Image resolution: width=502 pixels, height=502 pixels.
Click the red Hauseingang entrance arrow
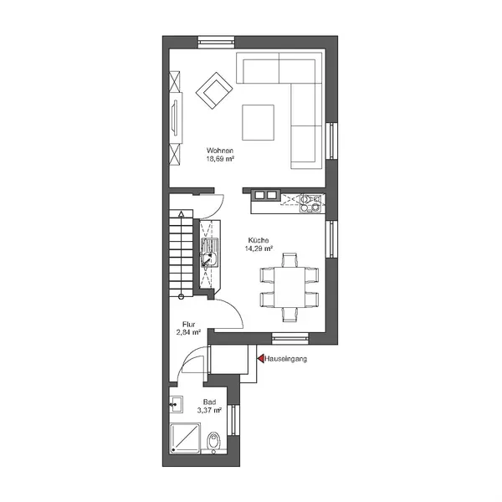coord(261,359)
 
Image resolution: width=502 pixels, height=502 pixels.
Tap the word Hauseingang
coord(286,359)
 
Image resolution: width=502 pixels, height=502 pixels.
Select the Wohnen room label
coord(219,150)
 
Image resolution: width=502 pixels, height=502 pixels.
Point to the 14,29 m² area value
coord(259,248)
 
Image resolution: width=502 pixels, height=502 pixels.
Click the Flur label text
coord(188,324)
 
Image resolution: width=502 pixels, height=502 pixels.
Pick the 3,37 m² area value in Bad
coord(210,410)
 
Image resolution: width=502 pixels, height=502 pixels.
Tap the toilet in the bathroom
coord(213,442)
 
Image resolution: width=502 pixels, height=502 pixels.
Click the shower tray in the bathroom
coord(185,438)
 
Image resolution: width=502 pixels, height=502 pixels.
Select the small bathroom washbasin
coord(176,404)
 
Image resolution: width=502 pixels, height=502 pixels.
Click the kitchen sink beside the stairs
coord(210,253)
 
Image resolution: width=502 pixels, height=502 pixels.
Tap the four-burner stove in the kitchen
coord(310,203)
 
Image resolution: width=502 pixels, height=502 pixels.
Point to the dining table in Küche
coord(289,287)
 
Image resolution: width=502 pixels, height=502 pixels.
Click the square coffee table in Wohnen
coord(258,122)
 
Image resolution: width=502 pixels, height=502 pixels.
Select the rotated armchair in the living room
coord(214,90)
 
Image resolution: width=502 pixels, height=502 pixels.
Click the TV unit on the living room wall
coord(176,118)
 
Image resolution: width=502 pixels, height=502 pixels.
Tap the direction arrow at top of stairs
coord(182,214)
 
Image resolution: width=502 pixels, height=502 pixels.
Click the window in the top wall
coord(216,43)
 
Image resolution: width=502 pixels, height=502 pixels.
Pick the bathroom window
coord(233,419)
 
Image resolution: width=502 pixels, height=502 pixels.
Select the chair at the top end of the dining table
coord(290,260)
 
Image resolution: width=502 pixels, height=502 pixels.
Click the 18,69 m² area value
coord(220,158)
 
